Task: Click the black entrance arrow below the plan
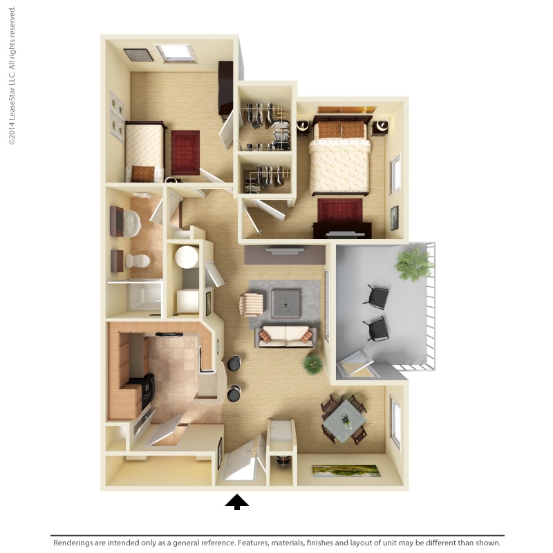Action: [x=236, y=502]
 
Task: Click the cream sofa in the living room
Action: [x=285, y=335]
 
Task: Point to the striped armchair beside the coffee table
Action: [x=252, y=304]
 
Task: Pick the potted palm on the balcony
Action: [x=414, y=263]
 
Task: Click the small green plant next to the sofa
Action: [x=312, y=364]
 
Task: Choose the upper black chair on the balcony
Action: [x=377, y=296]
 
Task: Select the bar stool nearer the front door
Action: [x=234, y=393]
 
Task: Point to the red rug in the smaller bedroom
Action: [x=185, y=152]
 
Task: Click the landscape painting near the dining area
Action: [x=346, y=471]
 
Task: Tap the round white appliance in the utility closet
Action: [x=186, y=256]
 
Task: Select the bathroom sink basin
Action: [x=131, y=223]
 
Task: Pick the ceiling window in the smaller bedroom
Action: [x=175, y=53]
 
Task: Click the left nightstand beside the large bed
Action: [x=303, y=126]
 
